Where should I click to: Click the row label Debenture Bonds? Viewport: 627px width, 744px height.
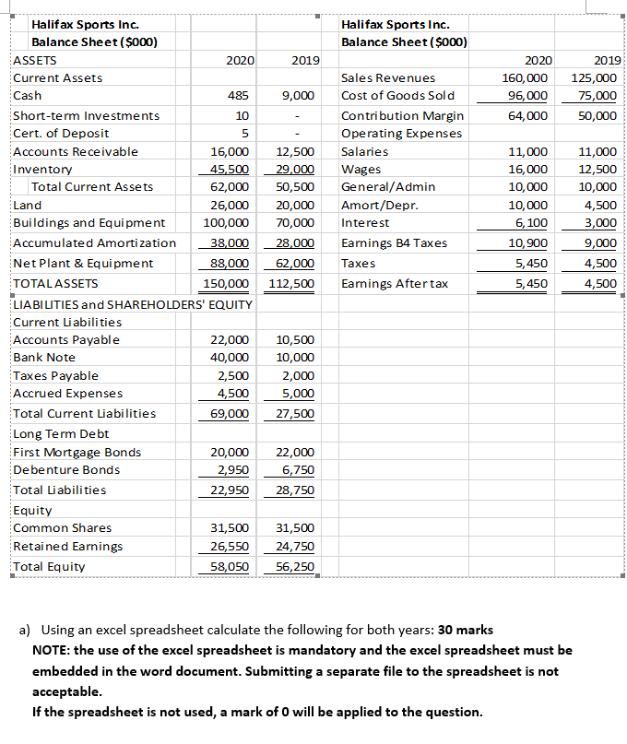click(x=66, y=470)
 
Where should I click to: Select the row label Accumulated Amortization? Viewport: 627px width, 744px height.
click(x=94, y=243)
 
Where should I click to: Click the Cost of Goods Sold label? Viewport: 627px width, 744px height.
click(x=397, y=96)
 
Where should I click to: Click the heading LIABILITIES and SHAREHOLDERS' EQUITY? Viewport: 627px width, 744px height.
click(x=132, y=304)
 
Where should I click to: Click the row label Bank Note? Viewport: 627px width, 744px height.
click(x=44, y=358)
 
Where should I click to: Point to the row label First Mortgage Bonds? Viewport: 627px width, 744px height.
click(x=77, y=452)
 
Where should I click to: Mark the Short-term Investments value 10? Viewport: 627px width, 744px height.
click(x=242, y=116)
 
